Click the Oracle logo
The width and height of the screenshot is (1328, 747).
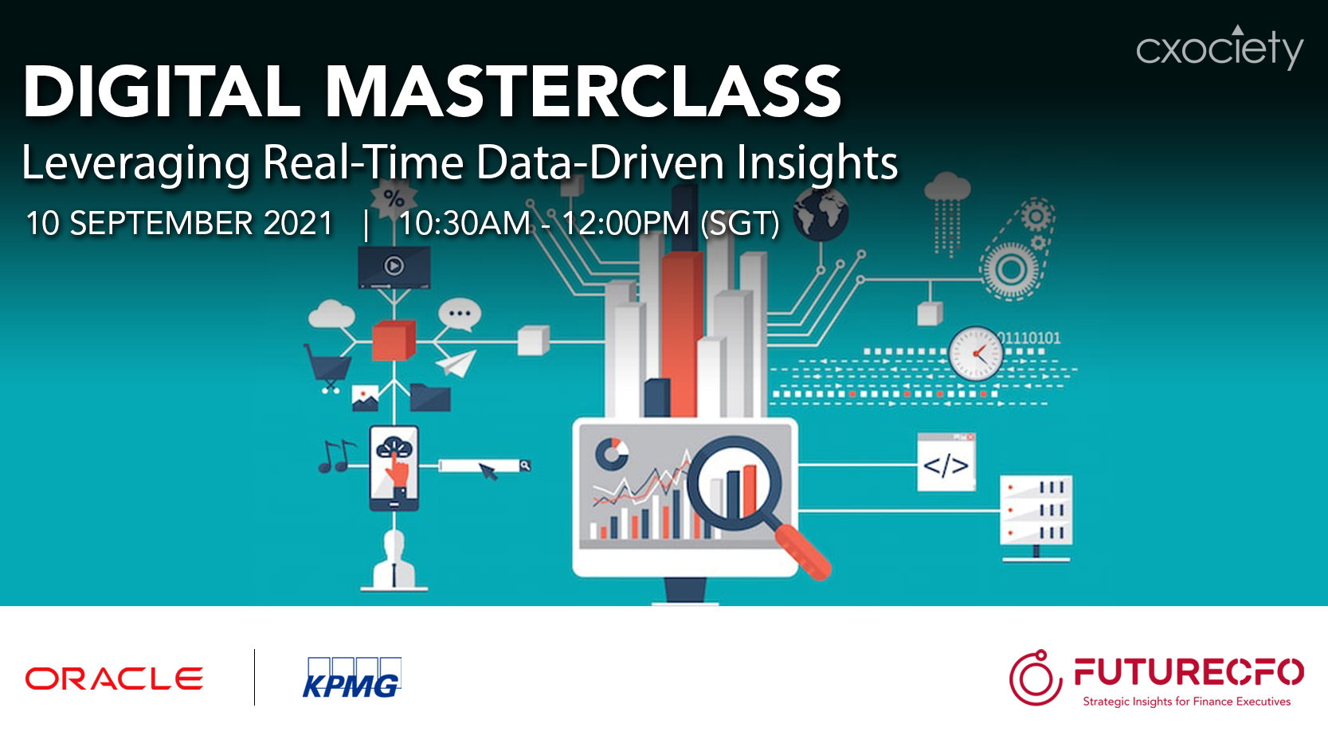pos(114,679)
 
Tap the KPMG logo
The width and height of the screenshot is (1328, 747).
pos(351,677)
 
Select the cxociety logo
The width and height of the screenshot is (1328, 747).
pos(1220,48)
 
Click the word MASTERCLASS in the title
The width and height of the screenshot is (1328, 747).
pos(583,92)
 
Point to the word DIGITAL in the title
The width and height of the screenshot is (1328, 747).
pos(161,92)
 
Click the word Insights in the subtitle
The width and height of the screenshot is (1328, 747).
pos(817,162)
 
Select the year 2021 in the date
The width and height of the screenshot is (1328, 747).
pos(298,224)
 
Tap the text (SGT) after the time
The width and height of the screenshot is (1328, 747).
pos(740,224)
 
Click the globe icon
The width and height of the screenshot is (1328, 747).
pos(821,214)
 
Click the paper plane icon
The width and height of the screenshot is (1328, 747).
pos(456,363)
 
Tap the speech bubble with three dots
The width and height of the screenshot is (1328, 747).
pos(460,315)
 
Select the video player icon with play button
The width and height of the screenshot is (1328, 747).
pos(394,267)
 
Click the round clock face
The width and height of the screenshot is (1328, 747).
pos(975,354)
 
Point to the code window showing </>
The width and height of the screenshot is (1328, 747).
pos(946,463)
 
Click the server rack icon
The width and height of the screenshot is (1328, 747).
pos(1036,517)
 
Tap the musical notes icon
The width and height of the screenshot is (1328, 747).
pos(337,456)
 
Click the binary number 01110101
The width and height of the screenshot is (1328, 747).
pos(1030,338)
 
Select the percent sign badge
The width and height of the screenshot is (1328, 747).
pos(393,198)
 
